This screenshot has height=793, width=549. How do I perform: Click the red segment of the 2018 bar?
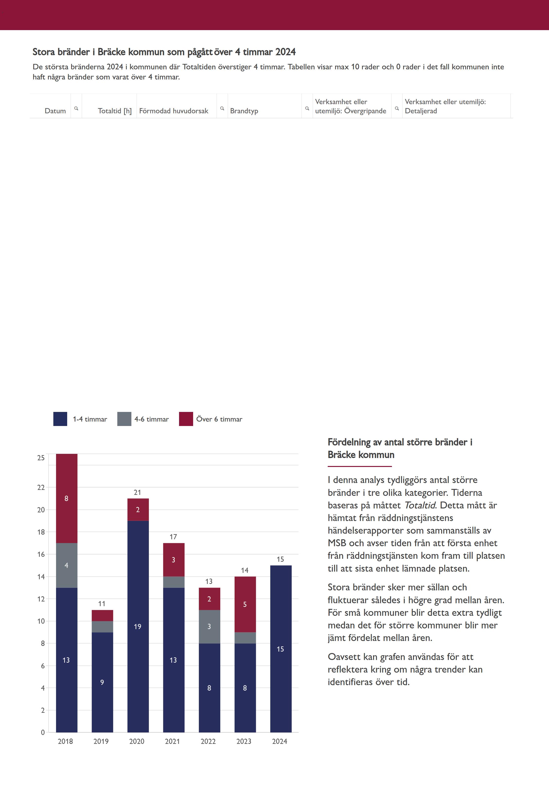coord(66,498)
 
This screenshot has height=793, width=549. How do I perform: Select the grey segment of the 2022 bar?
coord(209,626)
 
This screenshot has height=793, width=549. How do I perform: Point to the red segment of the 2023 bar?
coord(245,604)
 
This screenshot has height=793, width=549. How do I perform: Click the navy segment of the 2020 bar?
coord(138,626)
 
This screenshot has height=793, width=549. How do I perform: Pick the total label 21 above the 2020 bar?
coord(137,492)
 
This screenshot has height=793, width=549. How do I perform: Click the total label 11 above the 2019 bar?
coord(102,604)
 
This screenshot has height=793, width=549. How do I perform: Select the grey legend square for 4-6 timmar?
coord(124,419)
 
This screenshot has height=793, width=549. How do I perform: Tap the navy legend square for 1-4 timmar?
coord(60,419)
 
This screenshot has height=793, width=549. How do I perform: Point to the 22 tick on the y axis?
coord(41,487)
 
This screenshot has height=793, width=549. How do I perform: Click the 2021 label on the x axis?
coord(172,741)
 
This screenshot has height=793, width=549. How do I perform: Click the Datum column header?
coord(55,111)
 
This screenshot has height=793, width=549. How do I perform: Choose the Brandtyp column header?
coord(244,111)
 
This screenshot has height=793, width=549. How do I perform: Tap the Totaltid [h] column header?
coord(115,111)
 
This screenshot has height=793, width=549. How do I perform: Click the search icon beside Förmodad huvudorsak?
coord(222,108)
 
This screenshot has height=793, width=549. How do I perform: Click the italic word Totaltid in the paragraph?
coord(420,505)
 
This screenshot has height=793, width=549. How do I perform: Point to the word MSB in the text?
coord(337,543)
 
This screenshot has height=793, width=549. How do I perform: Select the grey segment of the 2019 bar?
coord(102,626)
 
